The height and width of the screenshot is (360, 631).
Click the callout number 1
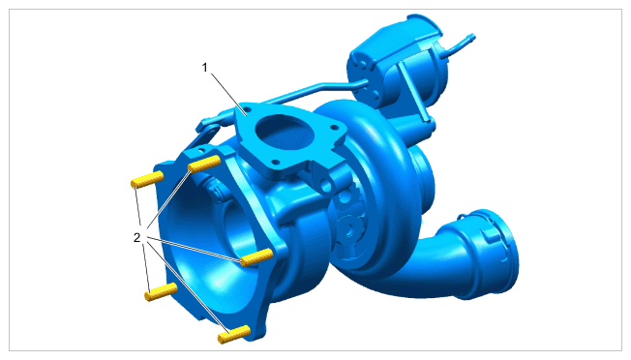[205, 68]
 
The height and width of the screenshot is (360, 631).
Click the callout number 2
[137, 238]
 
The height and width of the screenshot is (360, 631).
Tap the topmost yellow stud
[204, 164]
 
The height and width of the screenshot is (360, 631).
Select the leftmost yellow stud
[147, 179]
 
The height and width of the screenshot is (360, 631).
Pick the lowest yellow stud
[234, 334]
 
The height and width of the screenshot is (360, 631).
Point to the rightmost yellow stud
[256, 257]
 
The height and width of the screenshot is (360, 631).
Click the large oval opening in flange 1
[285, 133]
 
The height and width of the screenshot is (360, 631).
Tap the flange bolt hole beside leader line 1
[247, 109]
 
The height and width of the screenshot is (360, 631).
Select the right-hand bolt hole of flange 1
[334, 127]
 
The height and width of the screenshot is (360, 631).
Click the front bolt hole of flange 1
[275, 163]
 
